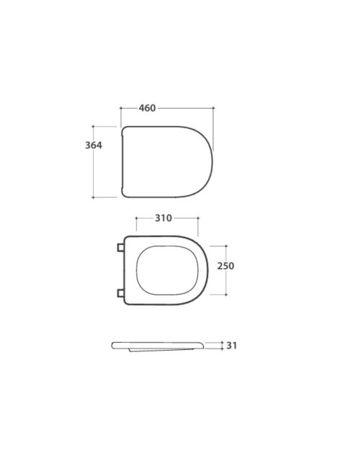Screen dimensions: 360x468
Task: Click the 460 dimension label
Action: (147, 108)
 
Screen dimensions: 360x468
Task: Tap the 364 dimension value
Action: (94, 145)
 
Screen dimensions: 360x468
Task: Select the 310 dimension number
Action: (163, 218)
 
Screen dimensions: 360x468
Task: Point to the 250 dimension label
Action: (225, 266)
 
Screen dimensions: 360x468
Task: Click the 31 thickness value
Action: (232, 346)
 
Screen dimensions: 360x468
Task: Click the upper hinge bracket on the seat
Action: (120, 248)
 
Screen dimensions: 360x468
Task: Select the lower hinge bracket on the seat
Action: (120, 293)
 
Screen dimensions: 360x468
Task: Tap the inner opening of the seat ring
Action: (167, 271)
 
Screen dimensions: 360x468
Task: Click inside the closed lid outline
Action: (167, 162)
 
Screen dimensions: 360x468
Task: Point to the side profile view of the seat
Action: (158, 346)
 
